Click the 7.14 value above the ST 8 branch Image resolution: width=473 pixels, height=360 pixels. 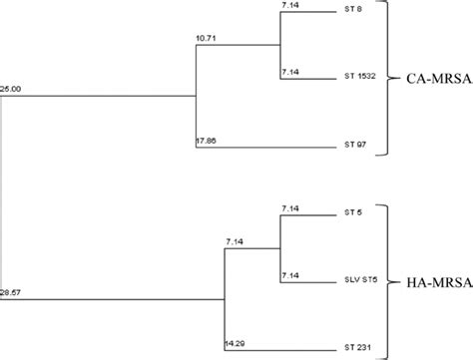(x=291, y=6)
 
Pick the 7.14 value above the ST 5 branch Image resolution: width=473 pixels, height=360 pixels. (x=291, y=208)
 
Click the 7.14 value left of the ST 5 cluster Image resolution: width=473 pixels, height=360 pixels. (x=236, y=242)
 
